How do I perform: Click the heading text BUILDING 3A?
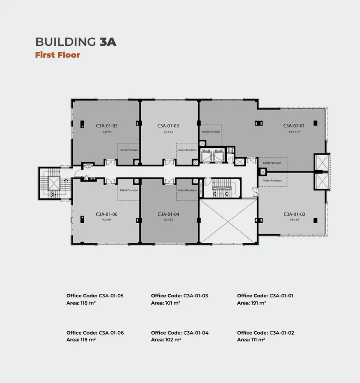pos(76,42)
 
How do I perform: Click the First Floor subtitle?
pos(57,55)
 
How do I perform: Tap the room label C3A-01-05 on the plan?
pos(107,126)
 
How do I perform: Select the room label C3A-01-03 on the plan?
pos(168,126)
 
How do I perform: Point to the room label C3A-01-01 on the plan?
pos(294,126)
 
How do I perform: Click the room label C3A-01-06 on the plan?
pos(107,214)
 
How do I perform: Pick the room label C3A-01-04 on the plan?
pos(168,214)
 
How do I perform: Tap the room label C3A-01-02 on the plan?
pos(294,214)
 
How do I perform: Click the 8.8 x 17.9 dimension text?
pos(294,132)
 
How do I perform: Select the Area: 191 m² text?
pos(251,303)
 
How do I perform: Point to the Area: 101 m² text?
pos(165,303)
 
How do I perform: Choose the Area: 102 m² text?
pos(166,340)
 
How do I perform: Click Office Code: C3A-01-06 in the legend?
pos(95,333)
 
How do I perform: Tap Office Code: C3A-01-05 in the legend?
pos(95,296)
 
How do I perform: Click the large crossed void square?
pos(229,221)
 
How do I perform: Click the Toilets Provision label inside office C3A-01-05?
pos(128,150)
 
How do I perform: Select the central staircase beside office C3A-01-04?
pos(222,188)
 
